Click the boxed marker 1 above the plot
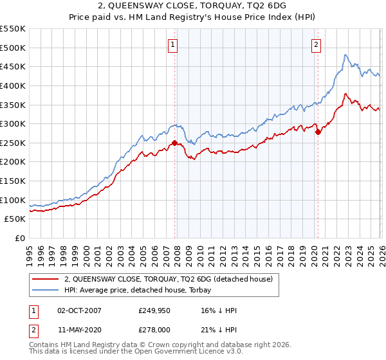pyautogui.click(x=174, y=44)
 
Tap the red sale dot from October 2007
pyautogui.click(x=174, y=143)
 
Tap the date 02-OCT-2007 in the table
pyautogui.click(x=79, y=310)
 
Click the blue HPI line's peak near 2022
pyautogui.click(x=345, y=55)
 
